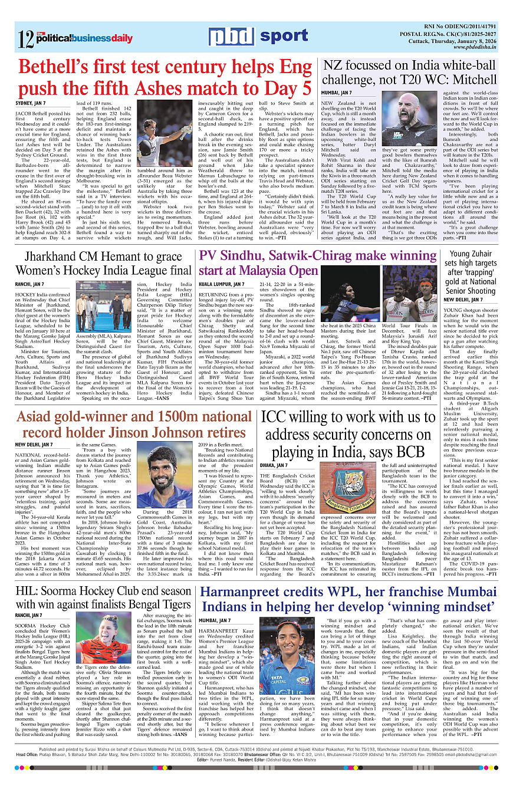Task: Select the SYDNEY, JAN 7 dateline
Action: (x=32, y=103)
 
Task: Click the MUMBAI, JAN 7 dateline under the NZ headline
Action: (x=337, y=93)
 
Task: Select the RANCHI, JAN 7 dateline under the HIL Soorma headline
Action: (x=30, y=615)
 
